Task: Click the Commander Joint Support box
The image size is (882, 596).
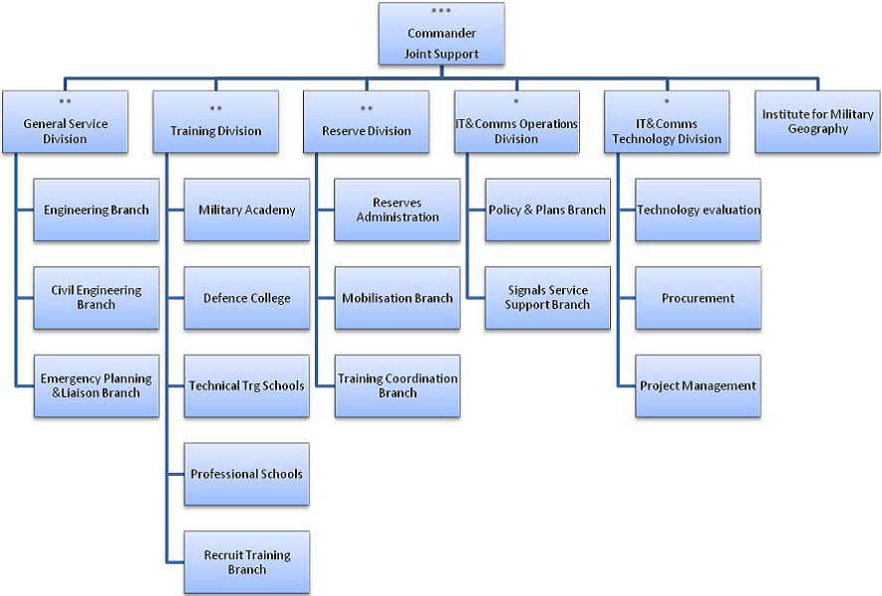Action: [441, 34]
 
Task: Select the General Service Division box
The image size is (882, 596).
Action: [66, 121]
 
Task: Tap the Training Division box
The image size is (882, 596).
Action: [216, 121]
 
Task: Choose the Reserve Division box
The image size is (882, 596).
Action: [367, 121]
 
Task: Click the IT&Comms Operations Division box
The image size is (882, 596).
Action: [516, 121]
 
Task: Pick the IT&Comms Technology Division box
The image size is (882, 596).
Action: [666, 121]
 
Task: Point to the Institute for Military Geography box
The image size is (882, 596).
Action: [817, 121]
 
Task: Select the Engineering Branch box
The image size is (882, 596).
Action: [96, 210]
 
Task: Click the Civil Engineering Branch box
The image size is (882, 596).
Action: [96, 298]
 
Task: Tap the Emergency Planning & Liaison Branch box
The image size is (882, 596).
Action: [96, 386]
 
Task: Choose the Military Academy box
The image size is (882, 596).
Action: [247, 210]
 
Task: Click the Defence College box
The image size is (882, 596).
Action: [247, 298]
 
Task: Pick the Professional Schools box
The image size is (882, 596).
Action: [247, 474]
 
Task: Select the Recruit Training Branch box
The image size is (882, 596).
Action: [247, 562]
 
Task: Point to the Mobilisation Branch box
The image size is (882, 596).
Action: [397, 298]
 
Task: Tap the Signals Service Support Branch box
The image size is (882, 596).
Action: [547, 298]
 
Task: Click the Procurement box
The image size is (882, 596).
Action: [698, 298]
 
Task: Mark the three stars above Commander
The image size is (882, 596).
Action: [441, 11]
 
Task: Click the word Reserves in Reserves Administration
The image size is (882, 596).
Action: [397, 203]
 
